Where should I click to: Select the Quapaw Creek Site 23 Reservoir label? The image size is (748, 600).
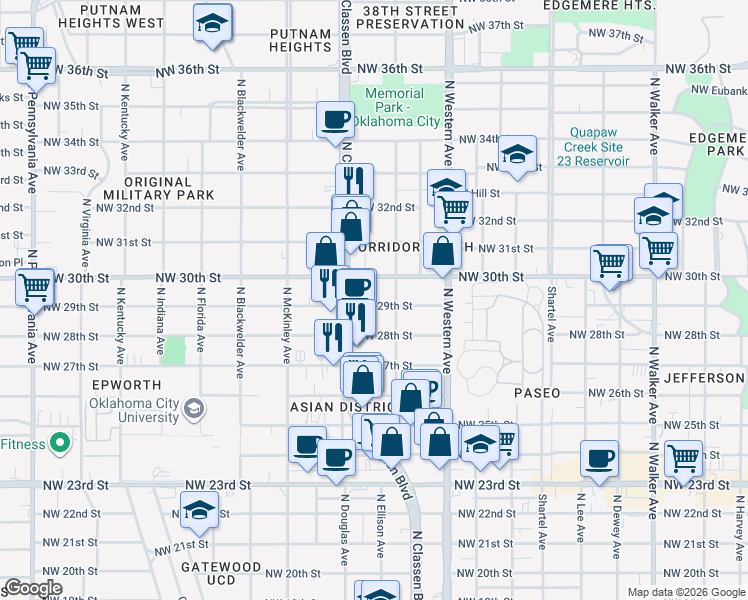click(x=599, y=146)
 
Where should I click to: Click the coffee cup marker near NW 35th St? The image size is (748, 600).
click(x=335, y=119)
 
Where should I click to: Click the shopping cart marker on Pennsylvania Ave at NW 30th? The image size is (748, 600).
click(x=35, y=286)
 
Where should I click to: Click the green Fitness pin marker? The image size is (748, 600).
click(x=59, y=442)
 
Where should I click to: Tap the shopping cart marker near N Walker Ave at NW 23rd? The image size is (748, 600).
click(x=684, y=459)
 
